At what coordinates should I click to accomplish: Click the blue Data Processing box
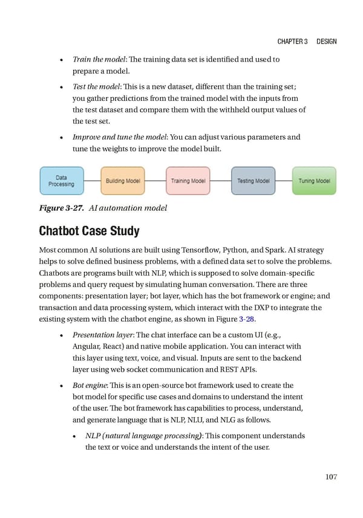point(62,181)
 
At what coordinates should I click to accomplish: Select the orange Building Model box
point(123,181)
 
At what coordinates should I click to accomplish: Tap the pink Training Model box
point(188,181)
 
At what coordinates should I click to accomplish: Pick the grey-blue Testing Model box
point(253,181)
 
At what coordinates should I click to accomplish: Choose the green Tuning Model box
point(314,181)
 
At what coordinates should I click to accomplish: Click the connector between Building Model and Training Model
point(155,181)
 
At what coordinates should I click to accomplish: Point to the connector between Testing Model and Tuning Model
point(284,181)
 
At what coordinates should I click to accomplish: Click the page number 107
point(330,477)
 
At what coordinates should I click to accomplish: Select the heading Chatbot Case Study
point(89,231)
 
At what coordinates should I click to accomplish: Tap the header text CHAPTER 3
point(293,42)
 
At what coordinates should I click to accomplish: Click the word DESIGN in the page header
point(326,42)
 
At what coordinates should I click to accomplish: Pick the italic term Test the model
point(94,87)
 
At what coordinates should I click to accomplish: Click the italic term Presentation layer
point(101,334)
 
